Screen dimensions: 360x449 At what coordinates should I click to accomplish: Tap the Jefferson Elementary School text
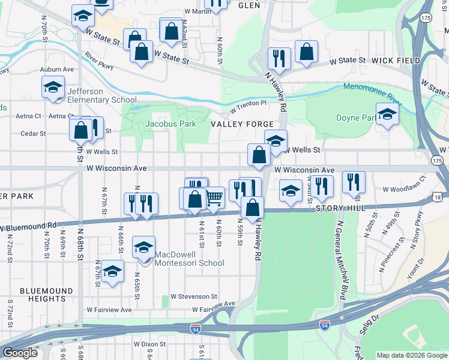(x=102, y=95)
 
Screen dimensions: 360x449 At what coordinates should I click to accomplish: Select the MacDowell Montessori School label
(x=190, y=258)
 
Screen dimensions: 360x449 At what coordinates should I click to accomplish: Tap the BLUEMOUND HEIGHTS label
(x=42, y=294)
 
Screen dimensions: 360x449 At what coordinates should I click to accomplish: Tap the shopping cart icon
(x=214, y=197)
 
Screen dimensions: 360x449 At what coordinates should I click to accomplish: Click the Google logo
(x=19, y=353)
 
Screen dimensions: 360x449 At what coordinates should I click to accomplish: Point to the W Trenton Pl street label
(x=248, y=103)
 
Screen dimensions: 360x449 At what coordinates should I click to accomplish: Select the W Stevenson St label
(x=193, y=296)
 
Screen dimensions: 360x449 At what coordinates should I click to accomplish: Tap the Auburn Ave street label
(x=57, y=70)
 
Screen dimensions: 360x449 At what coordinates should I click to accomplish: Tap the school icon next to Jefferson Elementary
(x=53, y=87)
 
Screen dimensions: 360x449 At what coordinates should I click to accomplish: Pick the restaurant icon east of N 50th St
(x=354, y=182)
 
